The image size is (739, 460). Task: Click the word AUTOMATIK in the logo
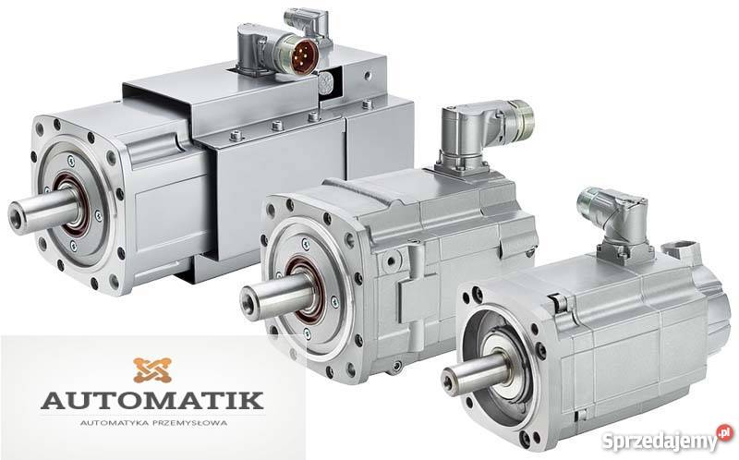coord(151,400)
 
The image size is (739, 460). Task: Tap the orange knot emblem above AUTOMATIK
coord(151,370)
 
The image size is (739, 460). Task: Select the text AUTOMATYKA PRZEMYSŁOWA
coord(153,423)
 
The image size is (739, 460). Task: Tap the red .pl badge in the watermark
coord(726,432)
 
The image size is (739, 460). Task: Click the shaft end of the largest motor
coord(17,218)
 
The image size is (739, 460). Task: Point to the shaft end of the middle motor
coord(249,303)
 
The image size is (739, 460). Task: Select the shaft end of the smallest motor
coord(451,381)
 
